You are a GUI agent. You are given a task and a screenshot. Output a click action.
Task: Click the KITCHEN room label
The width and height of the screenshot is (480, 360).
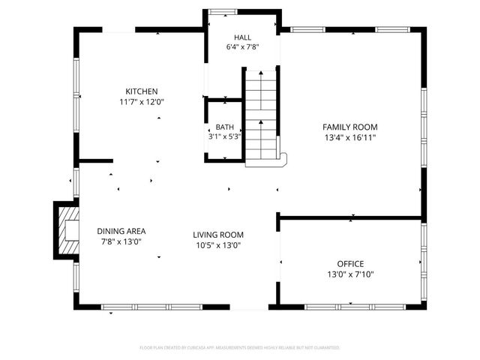(142, 91)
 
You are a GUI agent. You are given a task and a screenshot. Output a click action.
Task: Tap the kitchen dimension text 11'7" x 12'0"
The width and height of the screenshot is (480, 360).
(142, 102)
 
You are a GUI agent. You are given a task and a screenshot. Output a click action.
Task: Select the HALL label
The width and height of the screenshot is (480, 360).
(242, 37)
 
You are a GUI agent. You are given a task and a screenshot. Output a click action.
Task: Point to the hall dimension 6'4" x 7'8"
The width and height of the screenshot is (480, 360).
(242, 46)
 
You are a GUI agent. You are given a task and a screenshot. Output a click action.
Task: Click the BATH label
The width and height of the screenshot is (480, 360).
(225, 127)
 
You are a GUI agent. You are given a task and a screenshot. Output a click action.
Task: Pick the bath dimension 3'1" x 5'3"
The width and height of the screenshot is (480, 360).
(225, 136)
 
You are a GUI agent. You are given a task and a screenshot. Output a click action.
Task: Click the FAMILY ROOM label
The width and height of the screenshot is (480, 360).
(350, 127)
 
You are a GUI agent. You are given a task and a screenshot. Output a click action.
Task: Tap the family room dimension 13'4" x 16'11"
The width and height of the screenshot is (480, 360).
(350, 137)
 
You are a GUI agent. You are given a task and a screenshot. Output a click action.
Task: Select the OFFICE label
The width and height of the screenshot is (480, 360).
(350, 264)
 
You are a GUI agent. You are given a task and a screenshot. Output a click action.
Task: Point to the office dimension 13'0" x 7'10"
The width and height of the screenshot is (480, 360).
(350, 274)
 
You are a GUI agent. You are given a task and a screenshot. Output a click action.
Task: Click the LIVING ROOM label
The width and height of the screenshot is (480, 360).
(219, 235)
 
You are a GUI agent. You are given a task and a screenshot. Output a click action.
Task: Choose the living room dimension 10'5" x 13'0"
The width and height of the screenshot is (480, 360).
(219, 245)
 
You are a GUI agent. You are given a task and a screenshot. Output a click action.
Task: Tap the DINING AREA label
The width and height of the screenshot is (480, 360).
(121, 231)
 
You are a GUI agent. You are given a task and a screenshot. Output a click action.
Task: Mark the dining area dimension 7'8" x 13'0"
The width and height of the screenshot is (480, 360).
(121, 241)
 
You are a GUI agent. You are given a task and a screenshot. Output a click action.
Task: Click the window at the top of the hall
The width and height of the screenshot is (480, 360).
(221, 12)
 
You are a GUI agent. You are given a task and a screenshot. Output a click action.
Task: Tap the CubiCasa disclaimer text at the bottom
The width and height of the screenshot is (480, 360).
(240, 348)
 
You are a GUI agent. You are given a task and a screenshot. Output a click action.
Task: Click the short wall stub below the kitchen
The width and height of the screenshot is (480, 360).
(95, 160)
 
